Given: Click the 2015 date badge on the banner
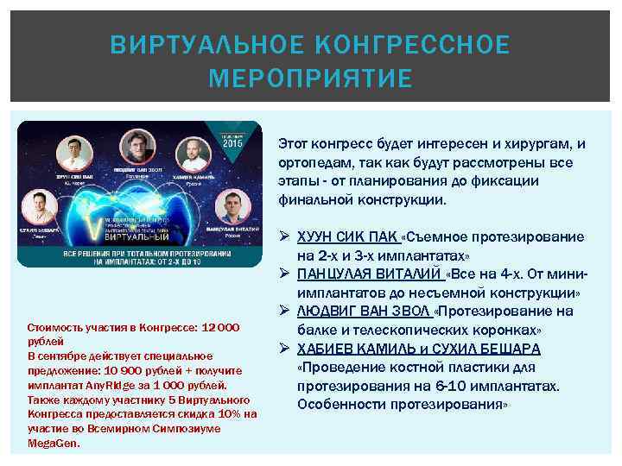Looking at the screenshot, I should coord(232,142).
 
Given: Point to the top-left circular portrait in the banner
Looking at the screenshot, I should coord(74,153).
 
